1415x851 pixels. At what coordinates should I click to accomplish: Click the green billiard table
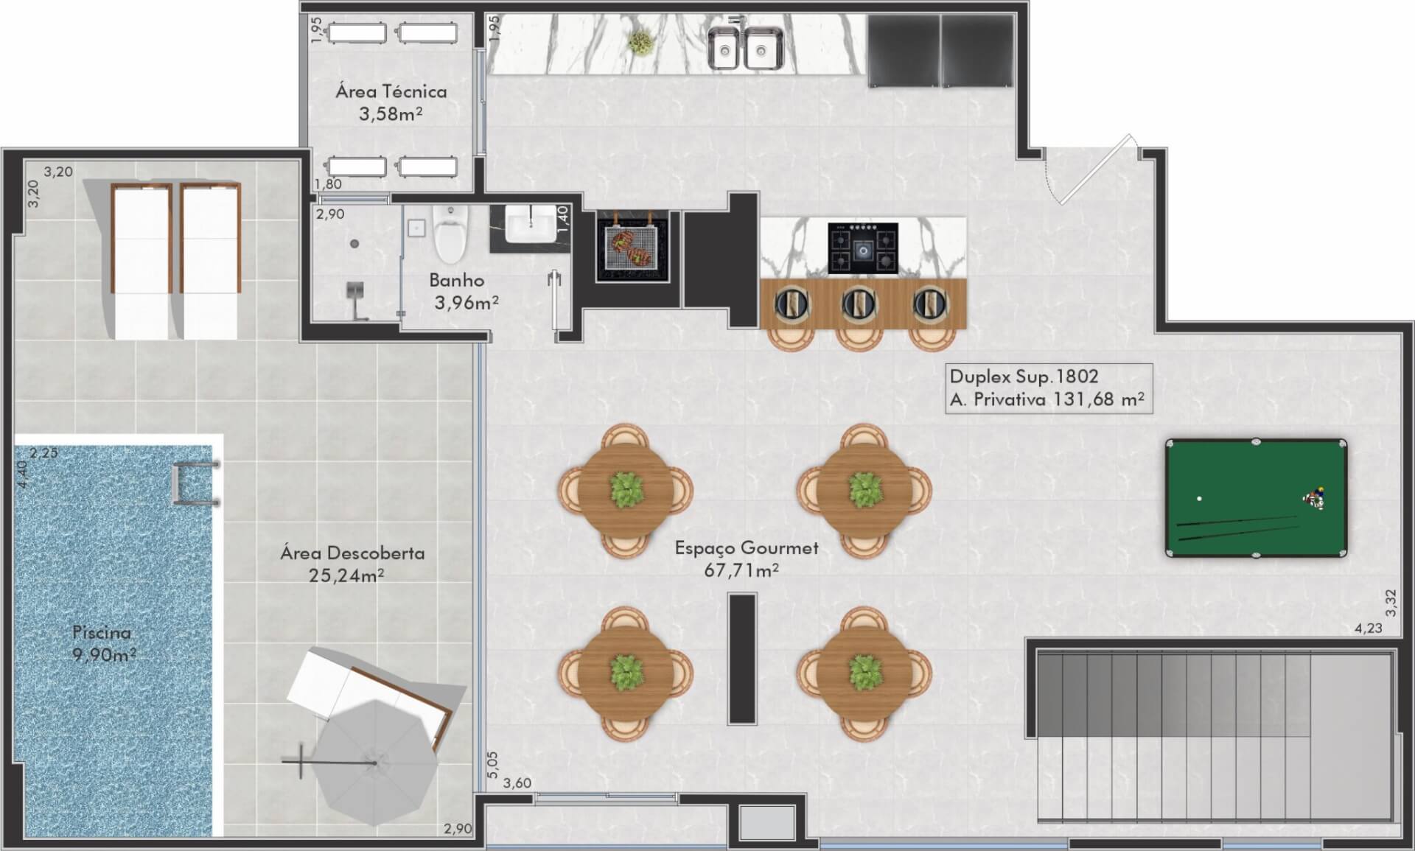(1256, 498)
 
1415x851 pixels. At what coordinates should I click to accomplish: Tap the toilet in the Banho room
(450, 233)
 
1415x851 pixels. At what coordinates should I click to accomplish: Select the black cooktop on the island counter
(862, 248)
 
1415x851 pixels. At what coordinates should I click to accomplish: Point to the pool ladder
(195, 483)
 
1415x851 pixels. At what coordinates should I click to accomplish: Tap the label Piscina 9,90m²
(103, 643)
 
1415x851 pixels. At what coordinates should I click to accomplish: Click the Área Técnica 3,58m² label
(391, 102)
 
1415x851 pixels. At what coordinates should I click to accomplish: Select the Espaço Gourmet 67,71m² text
(746, 558)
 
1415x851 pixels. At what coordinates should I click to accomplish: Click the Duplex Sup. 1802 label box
(1048, 388)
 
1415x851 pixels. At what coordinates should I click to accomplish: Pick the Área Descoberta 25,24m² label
(352, 564)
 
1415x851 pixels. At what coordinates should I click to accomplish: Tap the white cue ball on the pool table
(1200, 499)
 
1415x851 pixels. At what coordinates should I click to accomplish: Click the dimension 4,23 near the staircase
(1368, 628)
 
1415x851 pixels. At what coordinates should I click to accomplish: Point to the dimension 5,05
(493, 765)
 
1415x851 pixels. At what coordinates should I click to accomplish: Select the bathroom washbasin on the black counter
(531, 223)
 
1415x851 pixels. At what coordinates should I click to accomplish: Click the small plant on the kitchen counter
(640, 43)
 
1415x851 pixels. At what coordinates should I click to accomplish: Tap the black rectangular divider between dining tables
(742, 658)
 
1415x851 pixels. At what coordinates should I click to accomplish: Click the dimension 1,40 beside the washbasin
(562, 220)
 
